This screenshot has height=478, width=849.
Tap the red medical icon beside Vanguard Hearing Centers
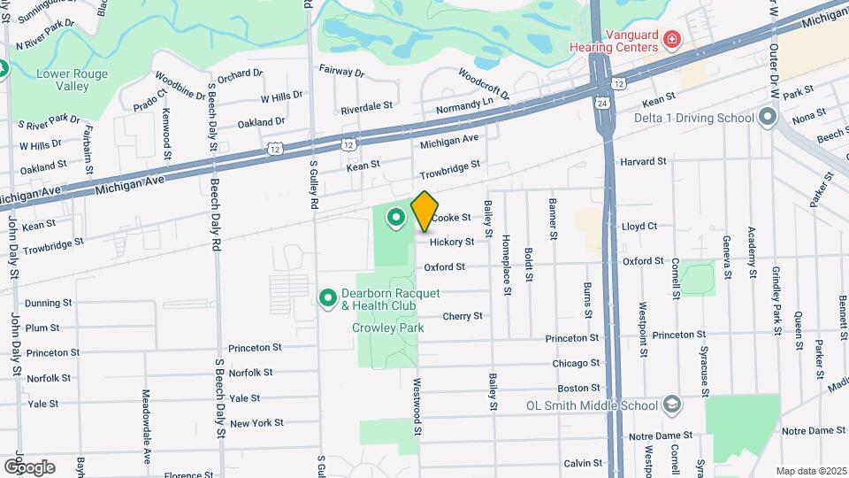(x=672, y=40)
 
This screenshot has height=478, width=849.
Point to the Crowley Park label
(x=388, y=328)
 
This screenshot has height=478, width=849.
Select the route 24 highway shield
(x=601, y=102)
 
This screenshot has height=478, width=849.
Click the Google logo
(x=28, y=466)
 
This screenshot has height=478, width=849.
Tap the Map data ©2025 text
(x=810, y=471)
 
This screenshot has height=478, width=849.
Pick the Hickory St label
(x=452, y=241)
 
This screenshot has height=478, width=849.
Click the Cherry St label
(x=463, y=316)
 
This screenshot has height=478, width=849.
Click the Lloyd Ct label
(x=638, y=226)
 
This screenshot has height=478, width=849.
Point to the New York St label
(x=256, y=423)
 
